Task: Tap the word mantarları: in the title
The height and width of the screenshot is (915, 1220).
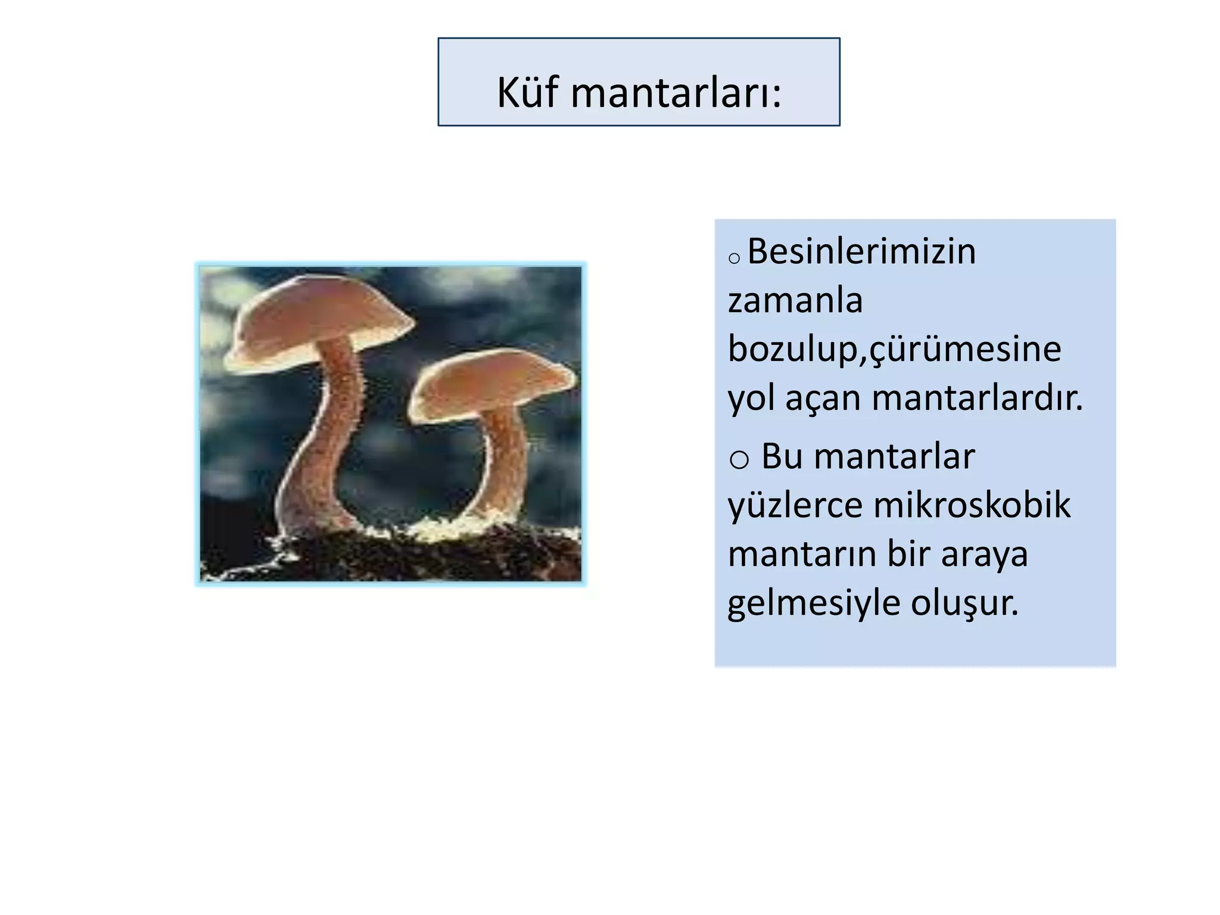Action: tap(676, 94)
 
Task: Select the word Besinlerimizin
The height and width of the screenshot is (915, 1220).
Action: tap(861, 251)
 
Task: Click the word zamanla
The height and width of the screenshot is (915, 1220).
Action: tap(795, 300)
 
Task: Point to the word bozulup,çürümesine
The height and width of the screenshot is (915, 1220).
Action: tap(894, 350)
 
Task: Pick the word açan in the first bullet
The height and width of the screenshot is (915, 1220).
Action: tap(823, 399)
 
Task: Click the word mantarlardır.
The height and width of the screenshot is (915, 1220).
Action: tap(977, 399)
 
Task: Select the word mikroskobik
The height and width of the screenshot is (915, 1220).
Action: tap(972, 505)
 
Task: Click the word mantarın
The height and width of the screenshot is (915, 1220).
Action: tap(801, 554)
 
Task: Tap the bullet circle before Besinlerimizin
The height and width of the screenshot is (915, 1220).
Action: tap(734, 258)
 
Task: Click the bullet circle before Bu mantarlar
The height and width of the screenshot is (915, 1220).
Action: tap(739, 459)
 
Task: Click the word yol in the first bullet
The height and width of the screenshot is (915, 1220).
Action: tap(751, 399)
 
